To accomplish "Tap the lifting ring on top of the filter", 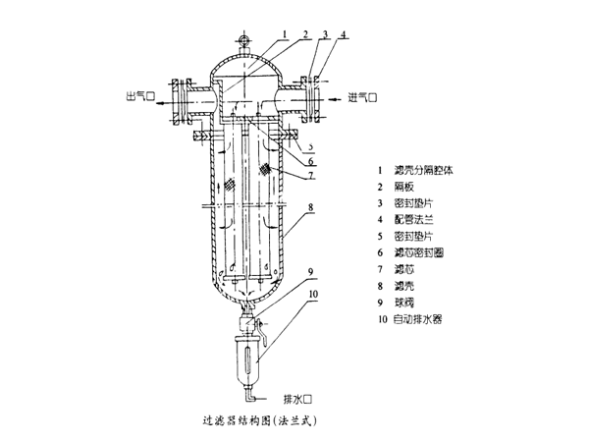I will pyautogui.click(x=241, y=40).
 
